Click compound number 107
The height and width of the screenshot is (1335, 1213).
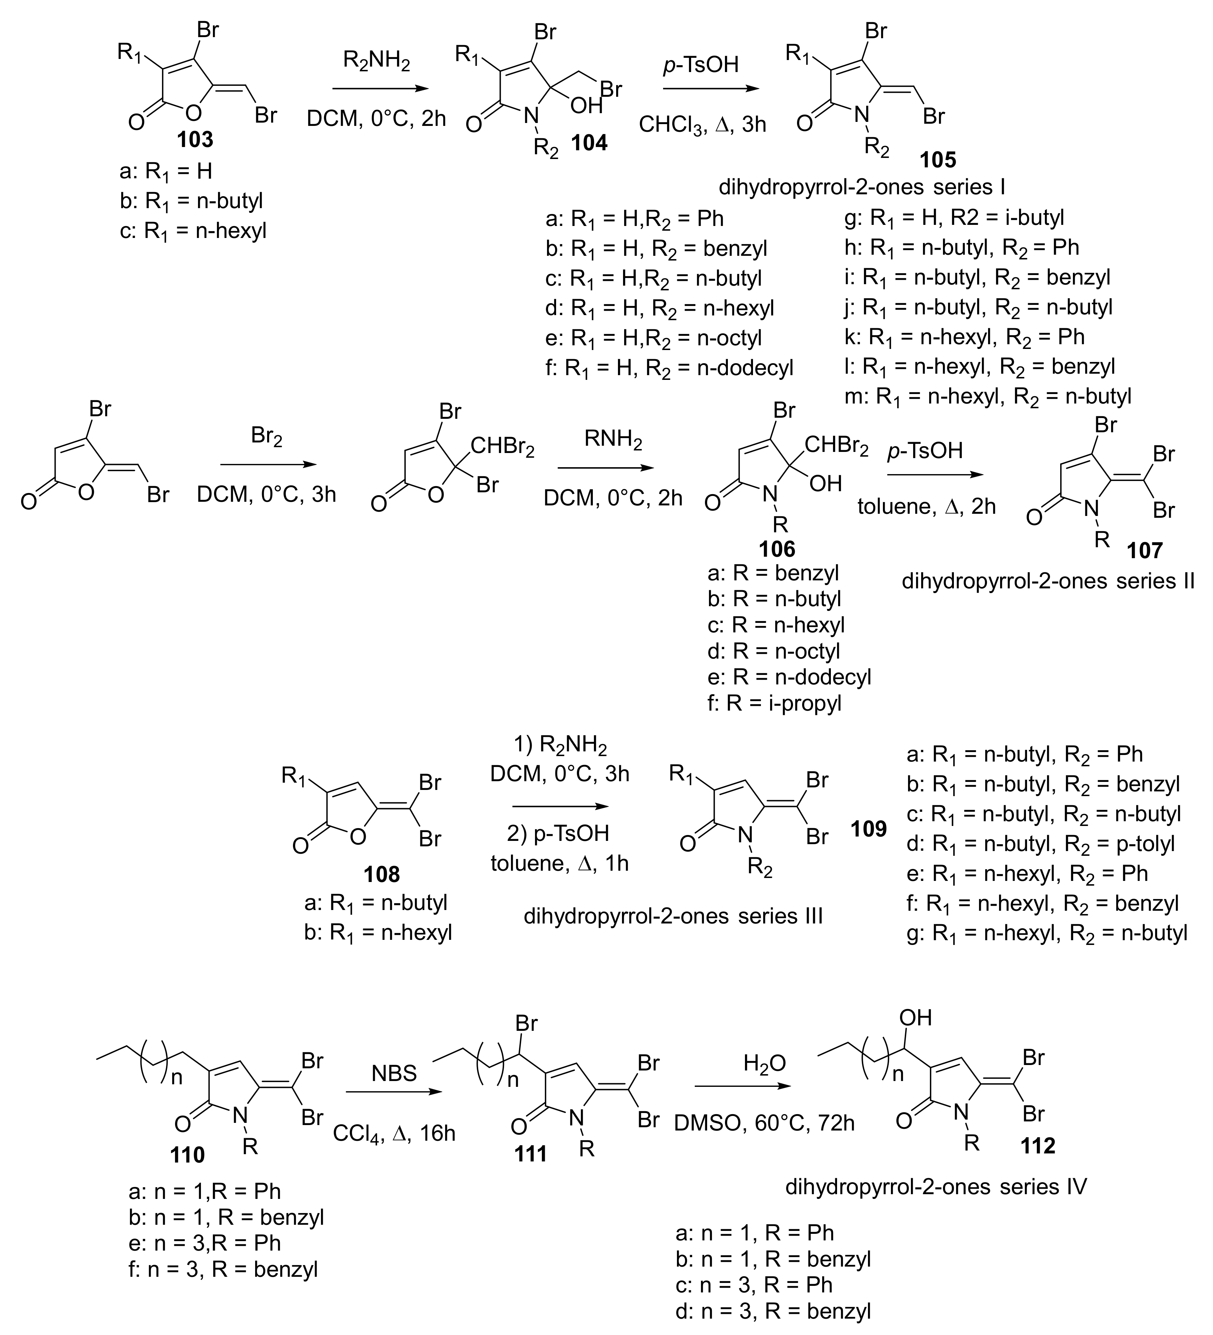1145,550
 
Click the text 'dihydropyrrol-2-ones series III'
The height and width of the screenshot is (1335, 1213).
673,916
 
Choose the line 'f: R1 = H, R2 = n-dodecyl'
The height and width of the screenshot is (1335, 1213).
669,367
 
